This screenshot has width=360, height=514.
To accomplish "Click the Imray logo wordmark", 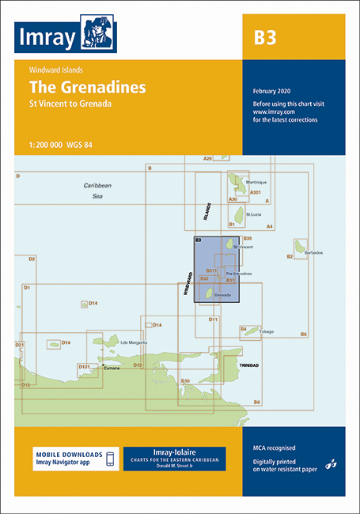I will pyautogui.click(x=48, y=36).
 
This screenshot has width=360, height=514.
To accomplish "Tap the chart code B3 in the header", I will pyautogui.click(x=265, y=38).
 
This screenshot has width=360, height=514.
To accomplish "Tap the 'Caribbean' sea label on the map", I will pyautogui.click(x=99, y=185).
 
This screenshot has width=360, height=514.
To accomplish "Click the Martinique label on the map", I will pyautogui.click(x=257, y=183).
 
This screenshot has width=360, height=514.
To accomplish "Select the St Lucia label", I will pyautogui.click(x=252, y=214).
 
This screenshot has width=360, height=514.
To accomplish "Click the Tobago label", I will pyautogui.click(x=265, y=331).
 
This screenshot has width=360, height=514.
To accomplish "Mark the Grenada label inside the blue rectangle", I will pyautogui.click(x=222, y=295).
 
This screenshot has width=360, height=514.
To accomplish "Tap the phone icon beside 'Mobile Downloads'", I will pyautogui.click(x=111, y=459).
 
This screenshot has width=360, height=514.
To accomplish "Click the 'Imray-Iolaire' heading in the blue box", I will pyautogui.click(x=174, y=452).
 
